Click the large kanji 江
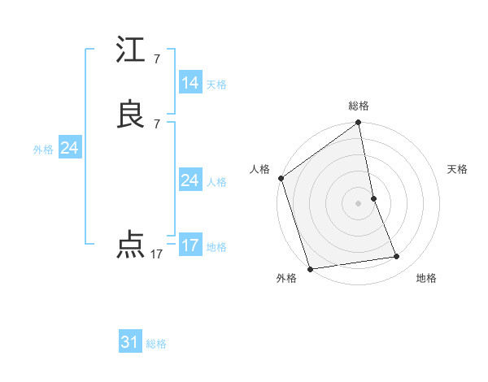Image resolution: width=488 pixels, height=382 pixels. coord(131,51)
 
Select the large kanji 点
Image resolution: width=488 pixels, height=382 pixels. coord(131,245)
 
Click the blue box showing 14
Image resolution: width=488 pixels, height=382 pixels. coord(190,83)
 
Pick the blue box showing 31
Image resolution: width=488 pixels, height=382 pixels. coord(130,342)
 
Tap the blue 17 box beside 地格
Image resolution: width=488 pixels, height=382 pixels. coord(190,245)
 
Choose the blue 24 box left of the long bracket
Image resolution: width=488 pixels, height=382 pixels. coord(69,148)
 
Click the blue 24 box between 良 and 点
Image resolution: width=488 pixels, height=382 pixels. coord(190,180)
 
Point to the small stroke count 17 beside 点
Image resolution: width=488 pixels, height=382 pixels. coord(156,254)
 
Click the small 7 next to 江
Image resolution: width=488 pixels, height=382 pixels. coord(156,59)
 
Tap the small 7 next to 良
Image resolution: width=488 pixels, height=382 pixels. coord(156,124)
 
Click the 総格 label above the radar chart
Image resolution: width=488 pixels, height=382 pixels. coord(359,106)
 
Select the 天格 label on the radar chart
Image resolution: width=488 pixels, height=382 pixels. coord(457,169)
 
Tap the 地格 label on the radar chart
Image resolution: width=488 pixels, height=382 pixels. coord(426,278)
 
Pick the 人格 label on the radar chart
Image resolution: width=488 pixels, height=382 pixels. coord(260,169)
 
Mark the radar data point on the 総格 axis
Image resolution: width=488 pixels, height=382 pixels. coord(359,124)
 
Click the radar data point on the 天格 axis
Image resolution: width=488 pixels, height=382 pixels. coord(373,198)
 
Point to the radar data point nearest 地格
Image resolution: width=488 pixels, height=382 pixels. coord(397,257)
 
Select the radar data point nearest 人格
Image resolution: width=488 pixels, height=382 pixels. coord(281,178)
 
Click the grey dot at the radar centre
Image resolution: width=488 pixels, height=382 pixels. coord(359,203)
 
